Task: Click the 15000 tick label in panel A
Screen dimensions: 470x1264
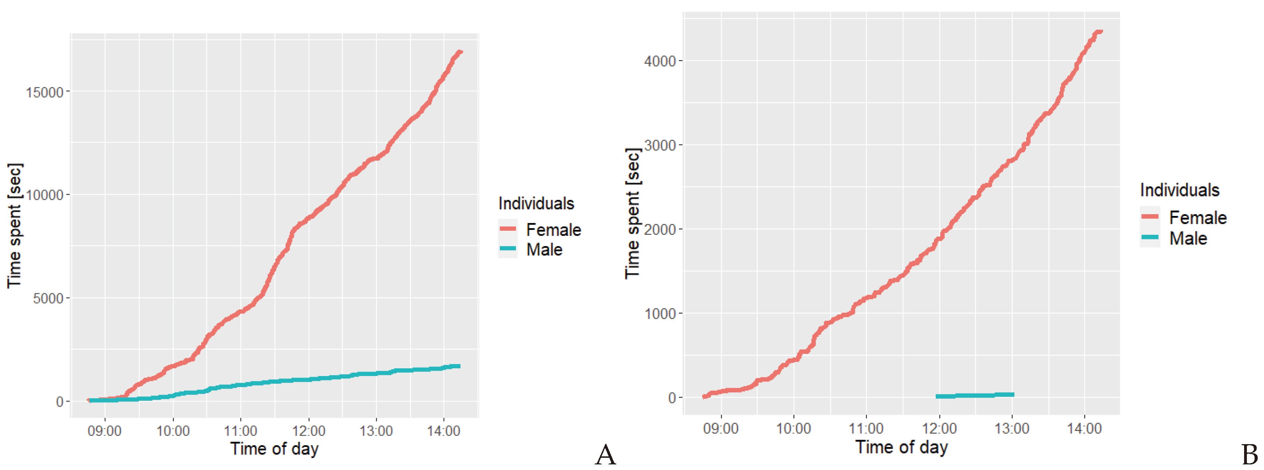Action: tap(45, 92)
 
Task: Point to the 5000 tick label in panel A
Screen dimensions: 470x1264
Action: tap(48, 299)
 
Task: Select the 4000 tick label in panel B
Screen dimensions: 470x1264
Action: tap(660, 62)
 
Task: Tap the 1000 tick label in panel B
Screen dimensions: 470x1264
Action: tap(660, 314)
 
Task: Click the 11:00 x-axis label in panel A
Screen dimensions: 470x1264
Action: tap(241, 431)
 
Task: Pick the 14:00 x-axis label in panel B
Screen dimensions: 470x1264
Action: tap(1084, 429)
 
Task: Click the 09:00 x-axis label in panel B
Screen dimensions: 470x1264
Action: tap(720, 429)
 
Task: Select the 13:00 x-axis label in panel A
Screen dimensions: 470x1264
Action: tap(376, 431)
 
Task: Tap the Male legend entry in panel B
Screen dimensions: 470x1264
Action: tap(1188, 238)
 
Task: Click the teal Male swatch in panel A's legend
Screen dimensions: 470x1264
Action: tap(508, 248)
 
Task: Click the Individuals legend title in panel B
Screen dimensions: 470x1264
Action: tap(1179, 190)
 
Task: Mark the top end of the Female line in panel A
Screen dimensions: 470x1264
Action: tap(460, 52)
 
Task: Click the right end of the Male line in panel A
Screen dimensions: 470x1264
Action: tap(458, 366)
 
